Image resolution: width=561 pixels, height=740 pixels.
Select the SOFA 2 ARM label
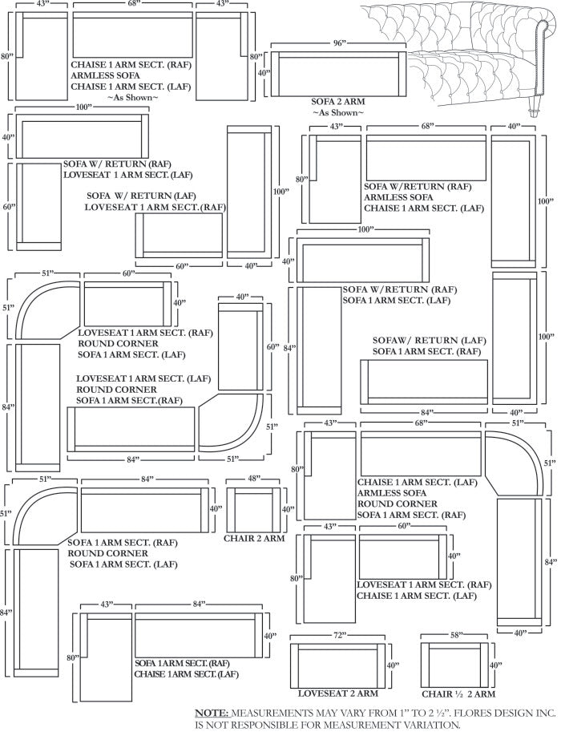(337, 102)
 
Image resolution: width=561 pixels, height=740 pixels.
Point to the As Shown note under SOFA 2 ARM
(337, 113)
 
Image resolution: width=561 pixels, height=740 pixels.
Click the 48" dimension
(254, 479)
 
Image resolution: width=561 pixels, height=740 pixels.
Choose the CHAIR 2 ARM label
(254, 540)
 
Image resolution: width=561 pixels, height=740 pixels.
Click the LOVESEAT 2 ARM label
(337, 693)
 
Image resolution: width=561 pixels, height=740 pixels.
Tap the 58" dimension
(457, 635)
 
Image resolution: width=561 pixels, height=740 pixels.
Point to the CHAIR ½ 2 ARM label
(458, 693)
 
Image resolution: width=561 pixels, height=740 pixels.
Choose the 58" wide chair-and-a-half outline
(457, 665)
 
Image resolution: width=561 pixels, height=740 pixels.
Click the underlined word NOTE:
(212, 713)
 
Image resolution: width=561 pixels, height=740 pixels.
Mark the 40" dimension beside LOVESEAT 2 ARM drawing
(393, 665)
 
